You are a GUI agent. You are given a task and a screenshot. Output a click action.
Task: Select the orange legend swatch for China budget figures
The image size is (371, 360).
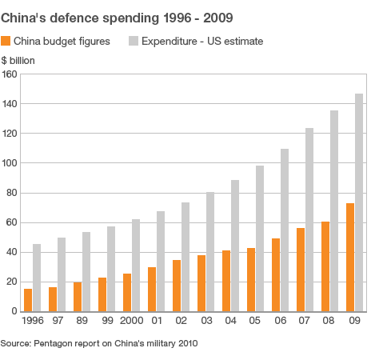click(6, 40)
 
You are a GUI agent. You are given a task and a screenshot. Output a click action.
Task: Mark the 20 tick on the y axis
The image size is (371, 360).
click(11, 282)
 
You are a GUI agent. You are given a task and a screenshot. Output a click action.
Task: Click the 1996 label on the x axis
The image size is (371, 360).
click(33, 321)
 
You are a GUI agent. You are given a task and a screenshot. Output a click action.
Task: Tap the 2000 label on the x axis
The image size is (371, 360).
click(132, 321)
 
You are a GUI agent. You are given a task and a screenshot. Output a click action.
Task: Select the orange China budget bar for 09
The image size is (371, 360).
click(350, 257)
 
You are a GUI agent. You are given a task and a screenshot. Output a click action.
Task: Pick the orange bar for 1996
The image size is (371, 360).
click(28, 300)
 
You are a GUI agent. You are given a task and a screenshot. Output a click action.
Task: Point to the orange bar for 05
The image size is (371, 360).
click(251, 279)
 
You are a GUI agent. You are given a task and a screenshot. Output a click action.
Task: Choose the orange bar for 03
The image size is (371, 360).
click(201, 283)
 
